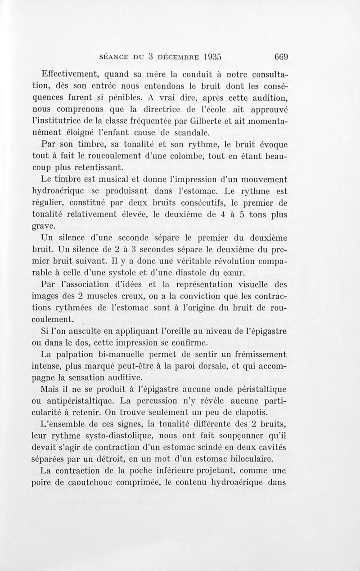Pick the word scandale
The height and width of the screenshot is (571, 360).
(188, 132)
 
